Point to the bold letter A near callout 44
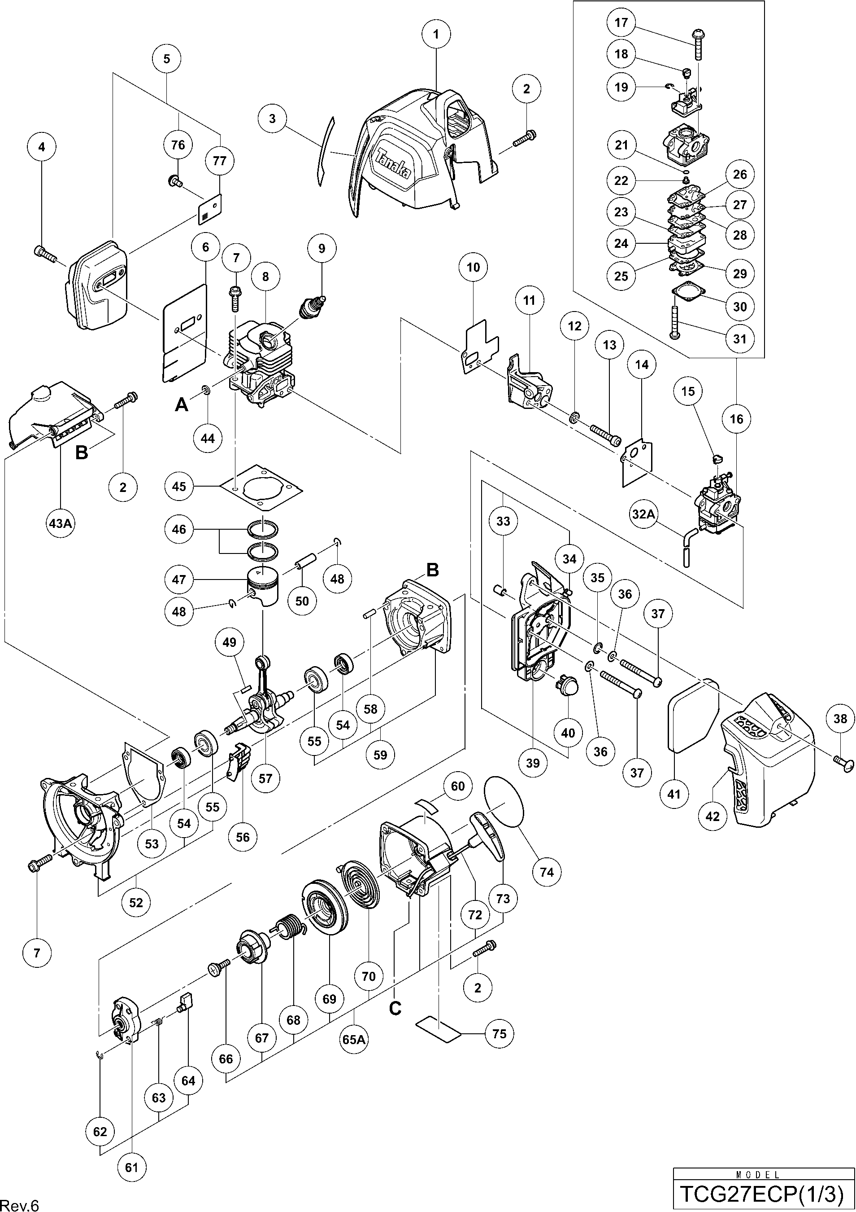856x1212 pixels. tap(181, 404)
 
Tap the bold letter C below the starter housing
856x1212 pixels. tap(395, 1008)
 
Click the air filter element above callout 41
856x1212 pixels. tap(693, 722)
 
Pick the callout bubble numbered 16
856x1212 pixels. tap(736, 419)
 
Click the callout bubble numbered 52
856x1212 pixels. tap(136, 903)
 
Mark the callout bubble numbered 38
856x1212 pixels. tap(840, 718)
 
